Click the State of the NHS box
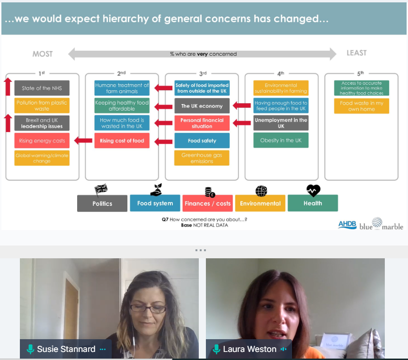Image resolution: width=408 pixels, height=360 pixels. tap(42, 88)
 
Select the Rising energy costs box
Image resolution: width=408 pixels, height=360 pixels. tap(42, 140)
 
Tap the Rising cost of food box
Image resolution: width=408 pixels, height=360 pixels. tap(122, 140)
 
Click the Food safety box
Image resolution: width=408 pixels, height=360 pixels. tap(202, 140)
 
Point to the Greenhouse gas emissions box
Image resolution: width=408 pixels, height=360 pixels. tap(202, 158)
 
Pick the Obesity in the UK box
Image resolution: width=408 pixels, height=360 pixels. tap(281, 140)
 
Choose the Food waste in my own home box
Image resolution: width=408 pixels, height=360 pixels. tap(361, 106)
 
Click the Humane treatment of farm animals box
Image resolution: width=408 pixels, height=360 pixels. tap(122, 88)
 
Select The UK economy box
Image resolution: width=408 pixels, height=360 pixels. tap(202, 106)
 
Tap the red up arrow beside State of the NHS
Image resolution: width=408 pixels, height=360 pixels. tap(8, 87)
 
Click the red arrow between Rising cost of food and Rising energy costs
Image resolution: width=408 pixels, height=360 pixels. tap(83, 140)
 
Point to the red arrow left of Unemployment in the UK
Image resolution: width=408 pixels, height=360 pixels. tap(242, 123)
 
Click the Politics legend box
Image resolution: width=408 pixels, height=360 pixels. tap(102, 203)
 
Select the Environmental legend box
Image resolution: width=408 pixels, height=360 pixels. tap(260, 203)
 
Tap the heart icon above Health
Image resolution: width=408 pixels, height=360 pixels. tap(313, 191)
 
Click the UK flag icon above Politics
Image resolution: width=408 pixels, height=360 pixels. tap(101, 190)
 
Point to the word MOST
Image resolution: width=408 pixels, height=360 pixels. tap(43, 54)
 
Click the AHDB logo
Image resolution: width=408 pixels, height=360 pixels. tap(347, 224)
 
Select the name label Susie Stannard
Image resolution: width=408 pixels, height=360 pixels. tap(66, 350)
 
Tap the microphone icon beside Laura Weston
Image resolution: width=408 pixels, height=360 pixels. tap(216, 350)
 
